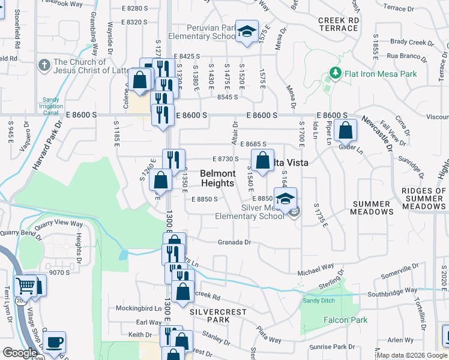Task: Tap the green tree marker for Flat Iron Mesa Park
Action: (x=336, y=74)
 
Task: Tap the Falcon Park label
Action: (x=345, y=320)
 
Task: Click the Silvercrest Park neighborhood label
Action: (x=209, y=316)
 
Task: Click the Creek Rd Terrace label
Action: (x=339, y=24)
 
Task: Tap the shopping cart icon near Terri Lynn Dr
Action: (x=26, y=286)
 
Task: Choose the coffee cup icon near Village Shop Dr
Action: (x=54, y=342)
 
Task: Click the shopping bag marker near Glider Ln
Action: (x=346, y=130)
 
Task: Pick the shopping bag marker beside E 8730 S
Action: (x=262, y=160)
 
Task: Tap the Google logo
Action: (x=20, y=353)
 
